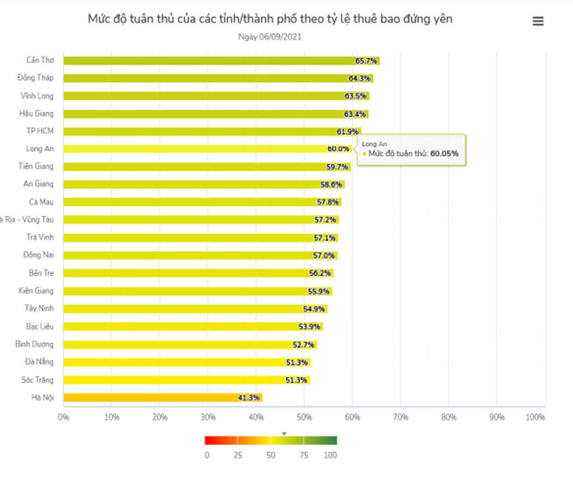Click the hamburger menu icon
pos(538,21)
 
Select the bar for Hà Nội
pos(162,398)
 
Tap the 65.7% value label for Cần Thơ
pos(366,60)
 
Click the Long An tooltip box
pos(412,149)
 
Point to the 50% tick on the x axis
pos(304,417)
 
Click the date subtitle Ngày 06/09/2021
pos(270,37)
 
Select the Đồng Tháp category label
pos(35,78)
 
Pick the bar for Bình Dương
pos(190,345)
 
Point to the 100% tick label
pos(536,417)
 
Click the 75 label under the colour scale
pos(304,455)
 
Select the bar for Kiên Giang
pos(198,291)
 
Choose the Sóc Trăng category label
pos(37,380)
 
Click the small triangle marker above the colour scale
pos(284,433)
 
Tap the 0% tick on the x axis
pos(64,417)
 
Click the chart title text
pos(270,19)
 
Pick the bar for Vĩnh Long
pos(216,96)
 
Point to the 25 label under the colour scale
pos(238,455)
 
